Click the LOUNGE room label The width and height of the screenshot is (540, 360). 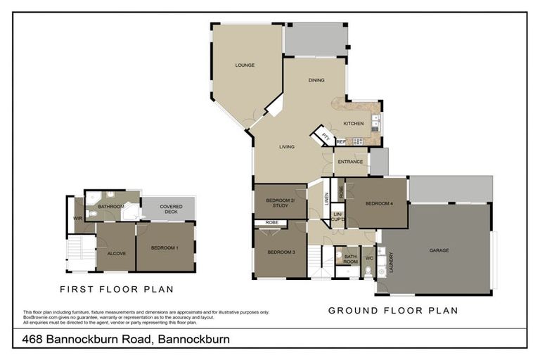coord(245,65)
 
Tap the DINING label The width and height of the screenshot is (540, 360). coord(316,80)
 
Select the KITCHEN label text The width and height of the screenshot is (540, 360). coord(353,124)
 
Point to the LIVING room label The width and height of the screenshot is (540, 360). coord(286,147)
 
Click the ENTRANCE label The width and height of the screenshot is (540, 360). coord(350,162)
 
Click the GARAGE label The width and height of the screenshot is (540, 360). coord(439,250)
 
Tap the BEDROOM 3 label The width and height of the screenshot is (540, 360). coord(279,251)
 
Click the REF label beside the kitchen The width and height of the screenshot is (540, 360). coord(341,142)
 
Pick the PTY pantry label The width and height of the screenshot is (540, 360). coord(325,135)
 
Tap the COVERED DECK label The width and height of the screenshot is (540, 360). coord(171,209)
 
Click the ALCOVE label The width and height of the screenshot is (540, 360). coord(117,253)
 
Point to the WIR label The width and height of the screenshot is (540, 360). coord(77,219)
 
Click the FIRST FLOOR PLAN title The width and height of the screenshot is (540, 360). coord(117,289)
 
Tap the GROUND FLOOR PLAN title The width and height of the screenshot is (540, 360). coord(393,310)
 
